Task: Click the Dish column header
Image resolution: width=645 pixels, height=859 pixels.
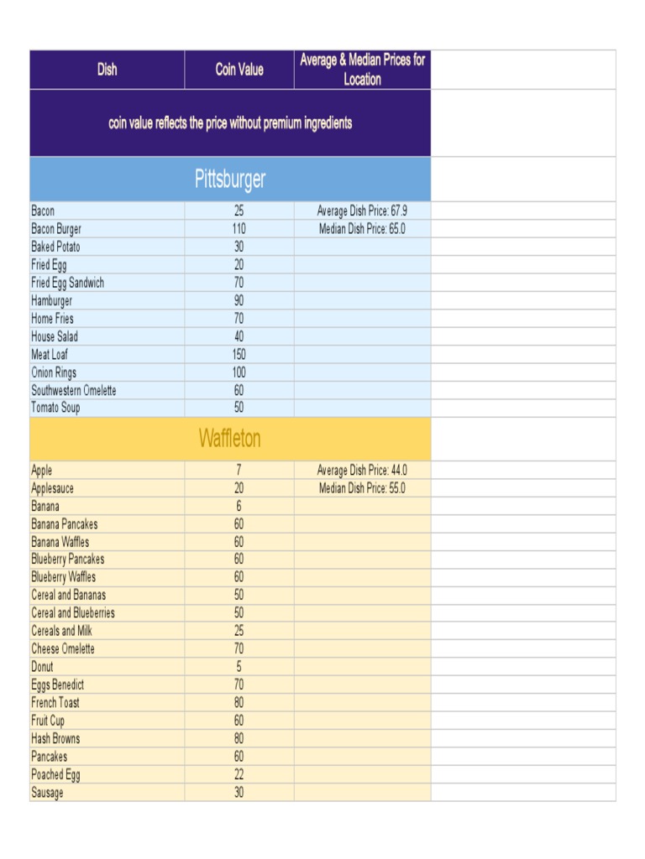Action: [x=107, y=70]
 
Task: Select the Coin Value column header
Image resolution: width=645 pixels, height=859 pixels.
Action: [x=239, y=70]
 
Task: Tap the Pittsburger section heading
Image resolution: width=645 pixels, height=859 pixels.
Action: [x=230, y=179]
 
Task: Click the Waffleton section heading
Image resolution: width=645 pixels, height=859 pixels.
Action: [x=230, y=439]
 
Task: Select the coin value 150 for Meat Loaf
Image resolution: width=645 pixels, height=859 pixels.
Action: [x=239, y=355]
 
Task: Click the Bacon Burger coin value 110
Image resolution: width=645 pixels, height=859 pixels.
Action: [x=239, y=229]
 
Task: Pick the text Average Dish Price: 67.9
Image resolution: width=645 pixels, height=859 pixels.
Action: [x=362, y=211]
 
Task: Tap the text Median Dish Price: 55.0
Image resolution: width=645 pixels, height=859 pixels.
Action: [x=362, y=488]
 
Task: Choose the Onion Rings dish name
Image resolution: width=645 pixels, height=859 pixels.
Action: [x=54, y=372]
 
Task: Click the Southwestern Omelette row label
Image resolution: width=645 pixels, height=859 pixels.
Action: [x=74, y=391]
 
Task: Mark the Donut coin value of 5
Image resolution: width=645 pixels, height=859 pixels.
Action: [x=239, y=667]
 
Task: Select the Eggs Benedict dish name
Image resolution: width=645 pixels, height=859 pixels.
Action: [x=58, y=685]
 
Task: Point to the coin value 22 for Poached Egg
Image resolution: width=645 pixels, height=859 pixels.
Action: [x=239, y=775]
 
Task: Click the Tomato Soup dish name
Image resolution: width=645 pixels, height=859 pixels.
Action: [x=56, y=409]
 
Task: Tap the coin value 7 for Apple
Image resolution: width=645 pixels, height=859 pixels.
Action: [x=239, y=471]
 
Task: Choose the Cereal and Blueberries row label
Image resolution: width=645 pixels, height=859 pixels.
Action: [x=73, y=613]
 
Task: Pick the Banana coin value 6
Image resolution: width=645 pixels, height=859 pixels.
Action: [x=239, y=507]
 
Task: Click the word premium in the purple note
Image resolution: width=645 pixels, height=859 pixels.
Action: [x=283, y=123]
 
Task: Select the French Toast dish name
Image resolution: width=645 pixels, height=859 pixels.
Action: [x=55, y=703]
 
